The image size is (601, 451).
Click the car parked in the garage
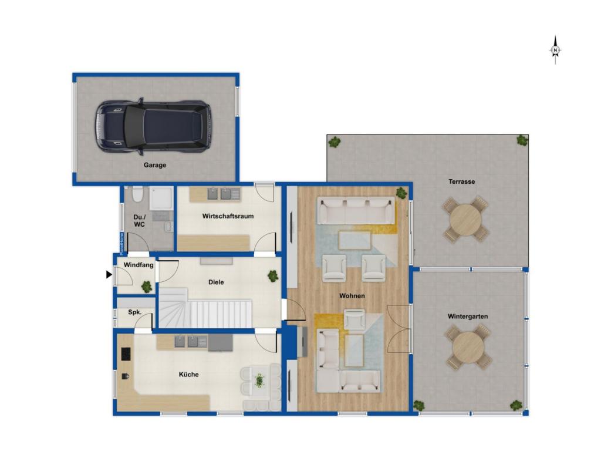tap(153, 126)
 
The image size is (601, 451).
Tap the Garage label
tap(155, 165)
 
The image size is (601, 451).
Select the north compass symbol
tap(555, 51)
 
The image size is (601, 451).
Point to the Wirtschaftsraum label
tap(228, 216)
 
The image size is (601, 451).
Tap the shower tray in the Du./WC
tap(161, 198)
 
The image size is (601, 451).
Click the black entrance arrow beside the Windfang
tap(109, 275)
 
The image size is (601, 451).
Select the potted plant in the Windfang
tap(146, 287)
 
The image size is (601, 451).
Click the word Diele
tap(216, 282)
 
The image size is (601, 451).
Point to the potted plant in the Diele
tap(273, 276)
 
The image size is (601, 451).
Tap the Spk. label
tap(134, 312)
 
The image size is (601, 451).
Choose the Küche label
tap(188, 374)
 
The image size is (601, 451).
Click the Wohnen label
tap(352, 296)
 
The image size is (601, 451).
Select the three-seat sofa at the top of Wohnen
tap(356, 211)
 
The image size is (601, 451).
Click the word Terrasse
tap(462, 182)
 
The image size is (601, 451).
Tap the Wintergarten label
tap(468, 317)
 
